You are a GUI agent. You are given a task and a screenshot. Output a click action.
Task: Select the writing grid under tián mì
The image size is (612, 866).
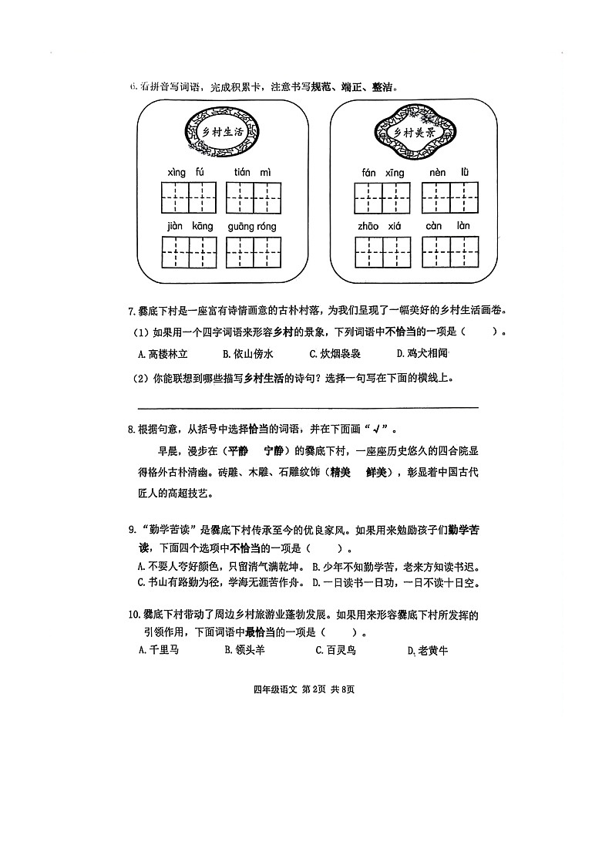253,198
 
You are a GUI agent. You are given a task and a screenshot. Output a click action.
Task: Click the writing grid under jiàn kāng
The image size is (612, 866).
189,253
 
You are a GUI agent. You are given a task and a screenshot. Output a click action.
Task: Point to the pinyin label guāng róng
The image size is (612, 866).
252,227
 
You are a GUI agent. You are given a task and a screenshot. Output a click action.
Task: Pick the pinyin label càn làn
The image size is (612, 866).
448,227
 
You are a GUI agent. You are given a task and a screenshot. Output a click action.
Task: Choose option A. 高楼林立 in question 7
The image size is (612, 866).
163,355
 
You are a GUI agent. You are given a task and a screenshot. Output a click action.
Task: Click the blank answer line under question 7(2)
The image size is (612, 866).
308,406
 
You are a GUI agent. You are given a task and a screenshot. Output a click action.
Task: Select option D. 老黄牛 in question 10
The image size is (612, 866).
427,651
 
